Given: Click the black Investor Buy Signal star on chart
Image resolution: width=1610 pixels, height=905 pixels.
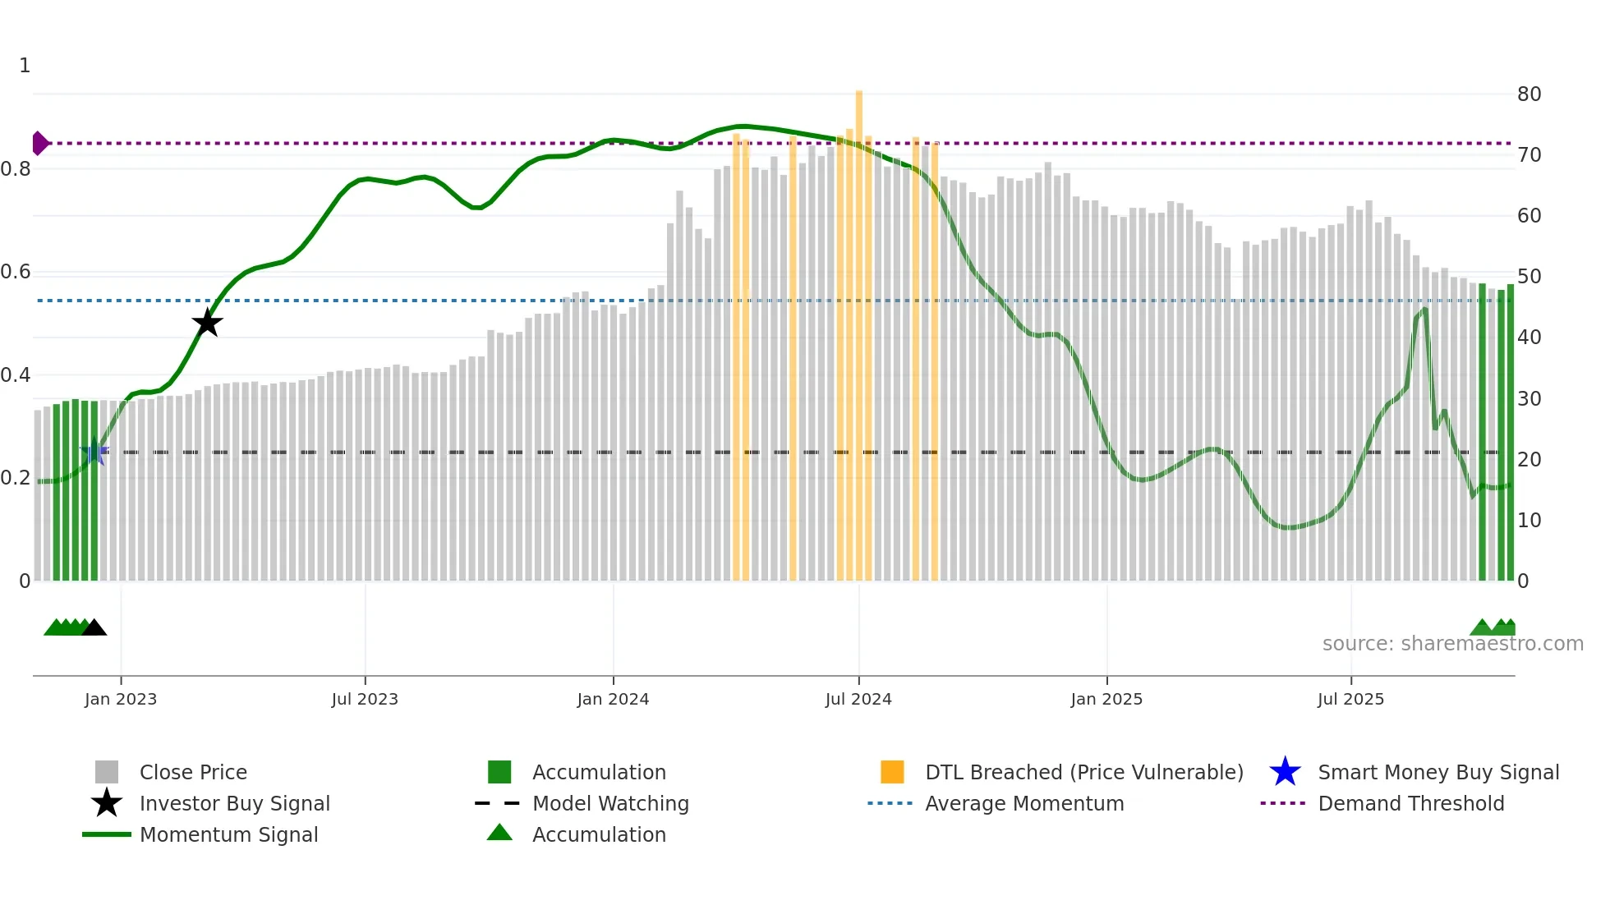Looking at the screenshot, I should [207, 323].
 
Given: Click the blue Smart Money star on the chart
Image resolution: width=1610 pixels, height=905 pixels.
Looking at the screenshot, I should [94, 452].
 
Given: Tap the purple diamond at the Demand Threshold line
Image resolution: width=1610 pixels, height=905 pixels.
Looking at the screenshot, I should [39, 143].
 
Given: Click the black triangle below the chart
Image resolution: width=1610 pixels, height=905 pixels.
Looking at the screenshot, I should [94, 628].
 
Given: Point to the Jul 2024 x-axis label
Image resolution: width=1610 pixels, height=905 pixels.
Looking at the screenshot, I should [858, 699].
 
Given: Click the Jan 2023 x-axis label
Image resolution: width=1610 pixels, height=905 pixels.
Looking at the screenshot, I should [121, 699].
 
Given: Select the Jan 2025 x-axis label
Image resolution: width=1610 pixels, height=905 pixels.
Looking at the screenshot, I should [1106, 699].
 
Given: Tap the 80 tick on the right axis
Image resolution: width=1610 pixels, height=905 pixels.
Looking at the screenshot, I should [1529, 94].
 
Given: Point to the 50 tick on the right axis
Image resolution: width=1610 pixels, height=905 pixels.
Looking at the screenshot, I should [1529, 277].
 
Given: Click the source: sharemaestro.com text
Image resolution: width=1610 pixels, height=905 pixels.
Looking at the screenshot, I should [1452, 644].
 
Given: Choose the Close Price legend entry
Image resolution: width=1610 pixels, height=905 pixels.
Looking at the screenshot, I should [193, 772].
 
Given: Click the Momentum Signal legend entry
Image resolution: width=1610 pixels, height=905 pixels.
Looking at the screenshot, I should [228, 834].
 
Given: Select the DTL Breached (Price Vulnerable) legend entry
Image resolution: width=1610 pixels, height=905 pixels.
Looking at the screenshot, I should [1083, 772].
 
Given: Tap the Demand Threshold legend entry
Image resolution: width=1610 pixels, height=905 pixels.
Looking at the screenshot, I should [1410, 803].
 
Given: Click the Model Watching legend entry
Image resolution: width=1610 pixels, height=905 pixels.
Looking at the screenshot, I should [610, 803].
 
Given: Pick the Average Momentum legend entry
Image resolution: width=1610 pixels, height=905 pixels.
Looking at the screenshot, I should [1024, 803].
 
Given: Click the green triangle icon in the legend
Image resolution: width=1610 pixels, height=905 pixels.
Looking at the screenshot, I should [499, 833].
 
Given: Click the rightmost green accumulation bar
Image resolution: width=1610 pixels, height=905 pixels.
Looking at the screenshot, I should [1511, 435].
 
